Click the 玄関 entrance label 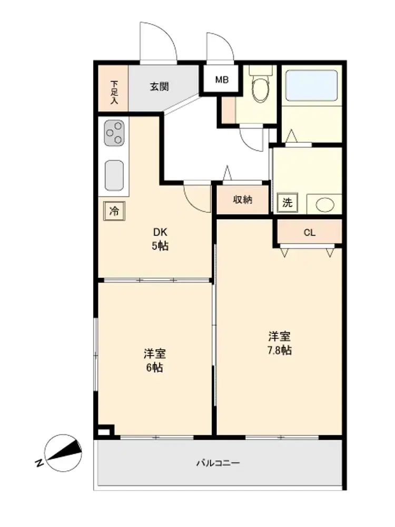click(x=159, y=87)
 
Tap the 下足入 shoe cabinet click(x=113, y=88)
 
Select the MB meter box click(x=221, y=80)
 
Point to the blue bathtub click(x=311, y=85)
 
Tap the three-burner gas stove click(x=114, y=133)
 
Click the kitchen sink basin click(x=114, y=175)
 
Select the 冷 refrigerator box click(x=114, y=211)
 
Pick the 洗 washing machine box click(x=288, y=203)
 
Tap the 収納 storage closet click(x=243, y=200)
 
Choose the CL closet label click(x=309, y=232)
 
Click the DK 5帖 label click(x=160, y=239)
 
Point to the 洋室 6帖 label click(x=154, y=360)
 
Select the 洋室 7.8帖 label click(x=280, y=343)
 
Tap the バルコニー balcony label click(x=218, y=463)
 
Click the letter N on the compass click(x=39, y=463)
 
